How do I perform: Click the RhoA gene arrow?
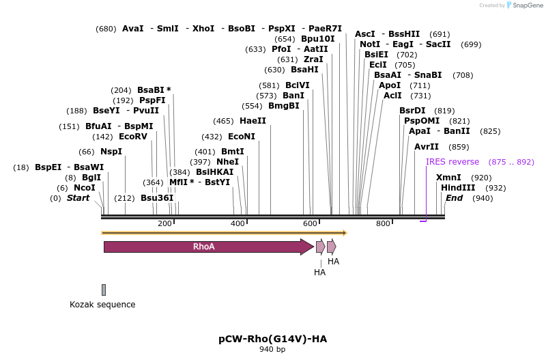[205, 247]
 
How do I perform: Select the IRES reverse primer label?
[452, 162]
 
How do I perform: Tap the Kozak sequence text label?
[102, 305]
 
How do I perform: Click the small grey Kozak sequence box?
[104, 290]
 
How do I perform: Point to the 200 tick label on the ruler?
[164, 224]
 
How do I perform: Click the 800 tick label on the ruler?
[383, 224]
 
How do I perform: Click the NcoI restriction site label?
[85, 188]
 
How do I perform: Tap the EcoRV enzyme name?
[133, 136]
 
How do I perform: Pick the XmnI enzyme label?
[448, 178]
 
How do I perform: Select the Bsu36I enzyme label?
[157, 198]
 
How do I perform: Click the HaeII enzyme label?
[253, 120]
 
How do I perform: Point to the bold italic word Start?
[78, 198]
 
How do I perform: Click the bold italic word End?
[454, 198]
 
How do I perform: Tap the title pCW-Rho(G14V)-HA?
[272, 338]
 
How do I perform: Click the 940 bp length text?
[272, 349]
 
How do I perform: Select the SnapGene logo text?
[526, 5]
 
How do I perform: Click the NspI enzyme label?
[111, 151]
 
